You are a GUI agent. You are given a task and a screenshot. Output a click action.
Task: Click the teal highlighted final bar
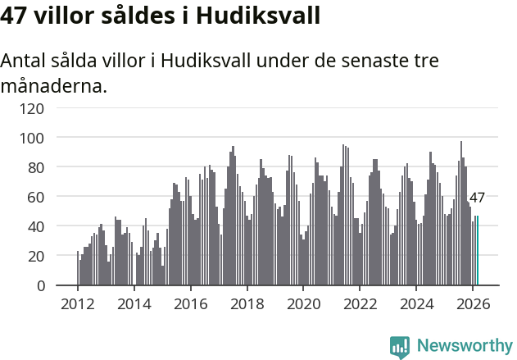click(478, 251)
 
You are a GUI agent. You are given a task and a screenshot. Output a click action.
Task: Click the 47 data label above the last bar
click(477, 198)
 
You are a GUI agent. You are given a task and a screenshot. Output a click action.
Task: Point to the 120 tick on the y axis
click(32, 108)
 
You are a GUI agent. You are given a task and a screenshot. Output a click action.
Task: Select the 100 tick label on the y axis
click(32, 138)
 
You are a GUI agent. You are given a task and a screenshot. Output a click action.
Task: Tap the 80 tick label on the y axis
click(36, 167)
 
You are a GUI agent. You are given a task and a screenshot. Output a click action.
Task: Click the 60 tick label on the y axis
click(36, 197)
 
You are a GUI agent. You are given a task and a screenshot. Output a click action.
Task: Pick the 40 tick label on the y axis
click(36, 226)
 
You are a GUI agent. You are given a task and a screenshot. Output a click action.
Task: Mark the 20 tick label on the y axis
click(36, 256)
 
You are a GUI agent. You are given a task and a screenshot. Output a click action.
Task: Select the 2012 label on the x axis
click(78, 303)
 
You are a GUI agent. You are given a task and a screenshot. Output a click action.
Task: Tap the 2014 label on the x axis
click(134, 303)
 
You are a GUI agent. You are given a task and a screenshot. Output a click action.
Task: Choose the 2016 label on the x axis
click(190, 303)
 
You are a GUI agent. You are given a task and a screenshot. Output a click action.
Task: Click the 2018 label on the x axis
click(247, 303)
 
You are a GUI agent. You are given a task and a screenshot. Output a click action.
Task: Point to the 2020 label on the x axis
click(303, 303)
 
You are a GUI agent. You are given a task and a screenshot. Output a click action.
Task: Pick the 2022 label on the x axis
click(360, 303)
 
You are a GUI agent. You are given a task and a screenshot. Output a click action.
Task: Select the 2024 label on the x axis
click(416, 303)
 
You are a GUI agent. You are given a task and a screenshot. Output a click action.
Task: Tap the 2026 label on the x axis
click(473, 303)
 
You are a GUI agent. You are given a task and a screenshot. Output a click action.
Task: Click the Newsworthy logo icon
click(400, 347)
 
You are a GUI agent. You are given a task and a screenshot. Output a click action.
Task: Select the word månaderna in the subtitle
click(54, 85)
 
